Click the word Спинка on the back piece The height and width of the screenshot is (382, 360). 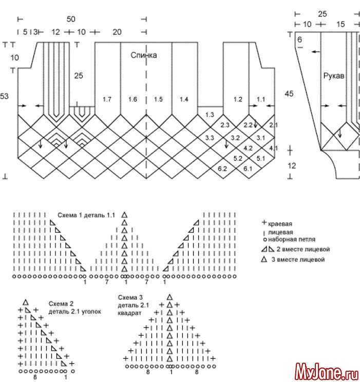click(143, 56)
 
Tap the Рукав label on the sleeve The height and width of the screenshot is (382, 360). click(333, 76)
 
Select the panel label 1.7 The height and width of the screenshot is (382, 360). click(107, 98)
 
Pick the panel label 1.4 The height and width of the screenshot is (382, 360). click(184, 98)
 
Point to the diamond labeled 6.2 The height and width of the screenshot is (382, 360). click(222, 169)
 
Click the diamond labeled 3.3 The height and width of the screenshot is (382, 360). click(210, 138)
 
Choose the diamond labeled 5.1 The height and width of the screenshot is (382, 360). click(261, 158)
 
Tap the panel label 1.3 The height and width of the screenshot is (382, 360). click(210, 115)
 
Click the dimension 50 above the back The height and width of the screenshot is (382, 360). click(71, 19)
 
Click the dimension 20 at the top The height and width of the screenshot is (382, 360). click(117, 32)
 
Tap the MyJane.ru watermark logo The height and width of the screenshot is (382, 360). click(326, 370)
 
